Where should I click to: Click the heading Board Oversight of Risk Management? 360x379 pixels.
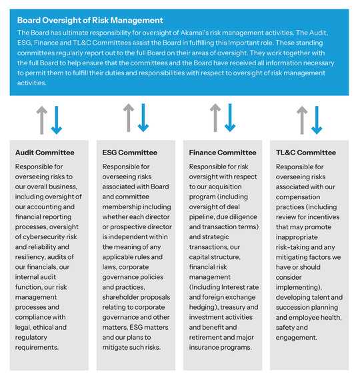click(x=90, y=21)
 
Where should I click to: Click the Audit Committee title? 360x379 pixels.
click(x=44, y=153)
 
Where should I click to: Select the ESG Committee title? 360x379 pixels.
click(x=129, y=153)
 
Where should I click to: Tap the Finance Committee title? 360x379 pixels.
click(x=223, y=153)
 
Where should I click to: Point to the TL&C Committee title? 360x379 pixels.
click(x=306, y=153)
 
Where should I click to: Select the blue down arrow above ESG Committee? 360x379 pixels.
click(x=143, y=118)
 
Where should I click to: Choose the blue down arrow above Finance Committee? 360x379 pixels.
click(x=231, y=118)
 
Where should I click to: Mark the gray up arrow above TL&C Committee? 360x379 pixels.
click(x=302, y=119)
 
